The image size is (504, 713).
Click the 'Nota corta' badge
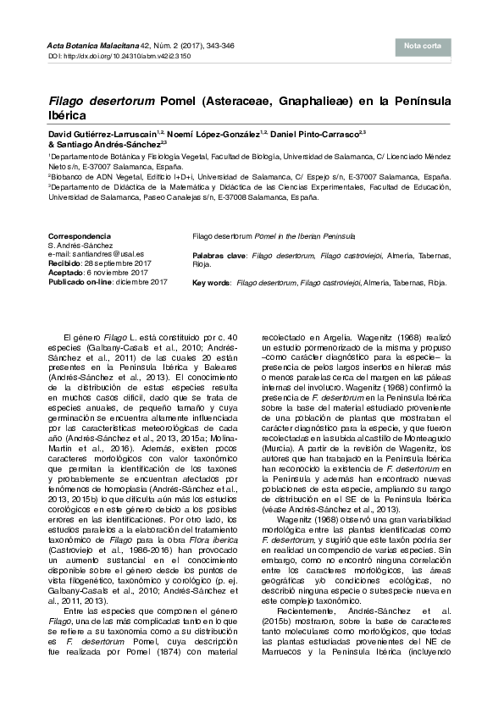tap(422, 46)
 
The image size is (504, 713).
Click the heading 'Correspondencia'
tap(79, 235)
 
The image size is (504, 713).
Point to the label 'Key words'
tap(212, 281)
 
